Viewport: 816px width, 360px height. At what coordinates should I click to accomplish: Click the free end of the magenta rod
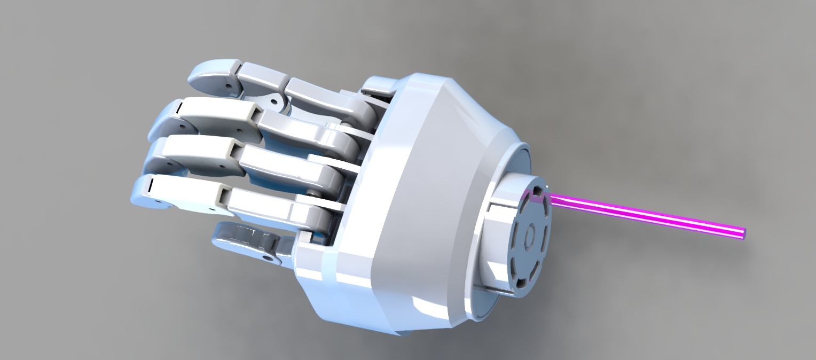pyautogui.click(x=743, y=233)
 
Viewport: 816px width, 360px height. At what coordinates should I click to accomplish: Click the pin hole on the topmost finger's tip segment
pyautogui.click(x=229, y=85)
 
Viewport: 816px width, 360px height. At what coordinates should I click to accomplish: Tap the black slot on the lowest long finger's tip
pyautogui.click(x=151, y=185)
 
